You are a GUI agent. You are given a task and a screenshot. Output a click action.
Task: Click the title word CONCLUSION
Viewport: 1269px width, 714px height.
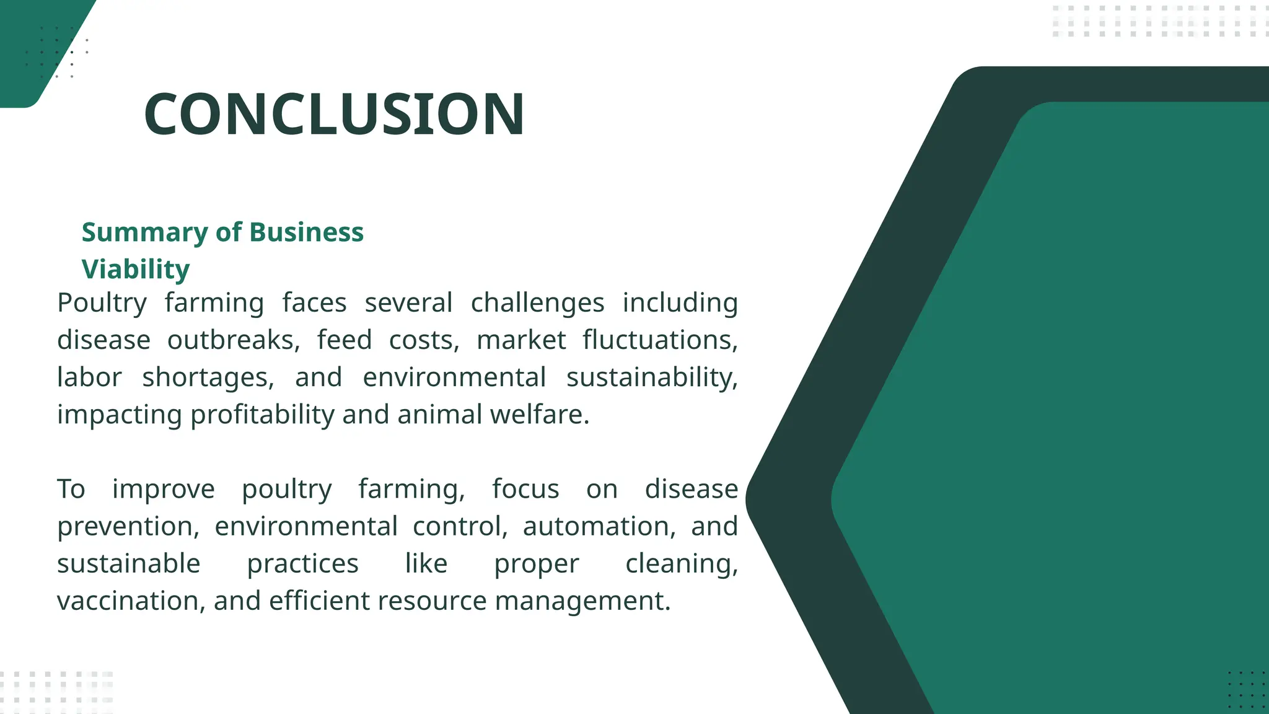334,114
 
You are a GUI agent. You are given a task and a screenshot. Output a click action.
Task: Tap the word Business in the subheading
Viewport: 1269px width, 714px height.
306,232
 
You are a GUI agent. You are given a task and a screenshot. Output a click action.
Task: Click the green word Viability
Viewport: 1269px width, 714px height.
136,270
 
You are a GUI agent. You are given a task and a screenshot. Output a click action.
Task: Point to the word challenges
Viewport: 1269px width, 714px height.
537,303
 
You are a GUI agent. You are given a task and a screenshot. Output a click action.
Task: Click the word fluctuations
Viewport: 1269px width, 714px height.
660,340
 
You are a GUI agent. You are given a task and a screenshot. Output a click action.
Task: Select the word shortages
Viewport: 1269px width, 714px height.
208,378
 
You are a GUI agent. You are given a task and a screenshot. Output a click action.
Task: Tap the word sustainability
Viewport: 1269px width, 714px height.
652,378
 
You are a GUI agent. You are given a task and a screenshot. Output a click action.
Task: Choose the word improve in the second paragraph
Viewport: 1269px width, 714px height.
163,490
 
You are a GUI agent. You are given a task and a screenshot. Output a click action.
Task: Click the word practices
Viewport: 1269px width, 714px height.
302,564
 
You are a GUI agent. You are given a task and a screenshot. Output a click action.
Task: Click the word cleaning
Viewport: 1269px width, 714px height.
681,564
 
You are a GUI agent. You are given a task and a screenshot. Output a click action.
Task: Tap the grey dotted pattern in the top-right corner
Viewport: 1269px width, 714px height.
1159,21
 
